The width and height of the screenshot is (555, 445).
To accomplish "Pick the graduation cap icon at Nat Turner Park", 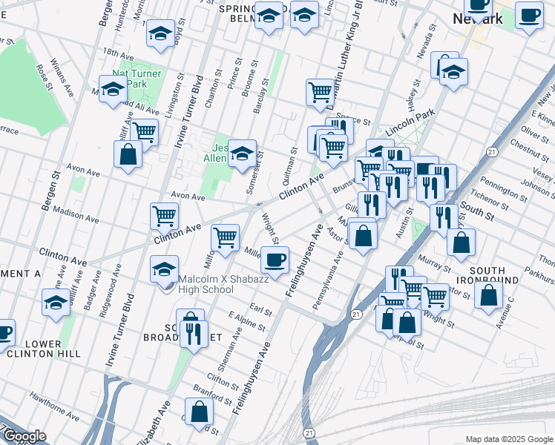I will [x=113, y=90].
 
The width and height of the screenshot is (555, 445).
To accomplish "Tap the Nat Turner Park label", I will [x=139, y=79].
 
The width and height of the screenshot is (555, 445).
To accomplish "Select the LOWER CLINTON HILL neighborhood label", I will [x=53, y=349].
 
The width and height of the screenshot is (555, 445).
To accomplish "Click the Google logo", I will [x=25, y=437].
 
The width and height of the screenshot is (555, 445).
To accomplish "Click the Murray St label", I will [x=435, y=263].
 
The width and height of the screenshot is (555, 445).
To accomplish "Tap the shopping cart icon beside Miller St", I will [x=225, y=238].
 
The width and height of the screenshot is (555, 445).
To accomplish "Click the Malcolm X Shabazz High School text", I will [x=206, y=285].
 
